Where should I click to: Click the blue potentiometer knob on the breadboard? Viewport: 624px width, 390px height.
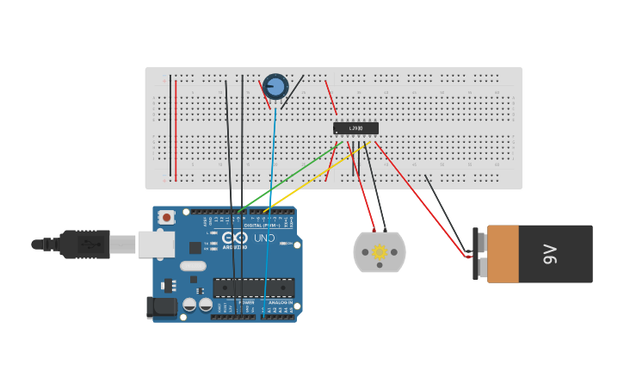pos(275,86)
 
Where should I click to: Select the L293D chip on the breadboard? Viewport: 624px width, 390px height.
pos(355,128)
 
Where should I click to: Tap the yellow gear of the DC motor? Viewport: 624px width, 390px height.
pos(380,251)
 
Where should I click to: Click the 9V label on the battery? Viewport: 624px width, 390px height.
pos(551,254)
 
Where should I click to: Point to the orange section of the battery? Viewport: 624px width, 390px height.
pos(504,254)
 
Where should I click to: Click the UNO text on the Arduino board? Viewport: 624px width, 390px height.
pos(264,238)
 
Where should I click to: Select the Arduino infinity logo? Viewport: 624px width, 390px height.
pos(234,238)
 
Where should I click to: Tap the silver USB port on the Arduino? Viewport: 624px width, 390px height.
pos(156,245)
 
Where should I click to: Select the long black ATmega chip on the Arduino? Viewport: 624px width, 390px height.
pos(254,288)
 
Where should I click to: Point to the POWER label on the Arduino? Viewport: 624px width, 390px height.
pos(248,302)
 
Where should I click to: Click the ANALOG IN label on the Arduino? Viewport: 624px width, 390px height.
pos(280,302)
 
